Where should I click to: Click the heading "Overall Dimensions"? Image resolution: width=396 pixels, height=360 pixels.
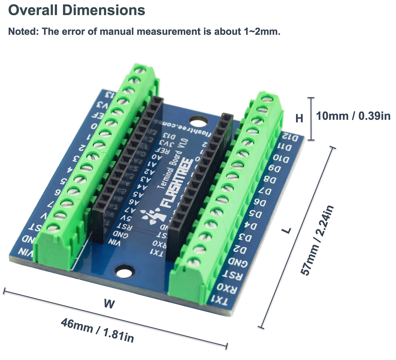(76, 10)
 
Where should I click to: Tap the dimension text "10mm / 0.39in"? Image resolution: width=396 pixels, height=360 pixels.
(353, 116)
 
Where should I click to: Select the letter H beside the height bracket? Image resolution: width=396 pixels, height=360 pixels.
(299, 118)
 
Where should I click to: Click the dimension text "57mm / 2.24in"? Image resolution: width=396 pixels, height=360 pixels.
(317, 240)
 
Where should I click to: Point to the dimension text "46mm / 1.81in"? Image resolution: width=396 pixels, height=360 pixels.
(97, 330)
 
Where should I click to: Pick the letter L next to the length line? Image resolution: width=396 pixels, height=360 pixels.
(288, 230)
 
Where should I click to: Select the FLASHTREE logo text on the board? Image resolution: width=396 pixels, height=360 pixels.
(176, 185)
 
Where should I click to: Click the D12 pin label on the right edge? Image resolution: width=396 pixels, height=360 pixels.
(291, 137)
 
